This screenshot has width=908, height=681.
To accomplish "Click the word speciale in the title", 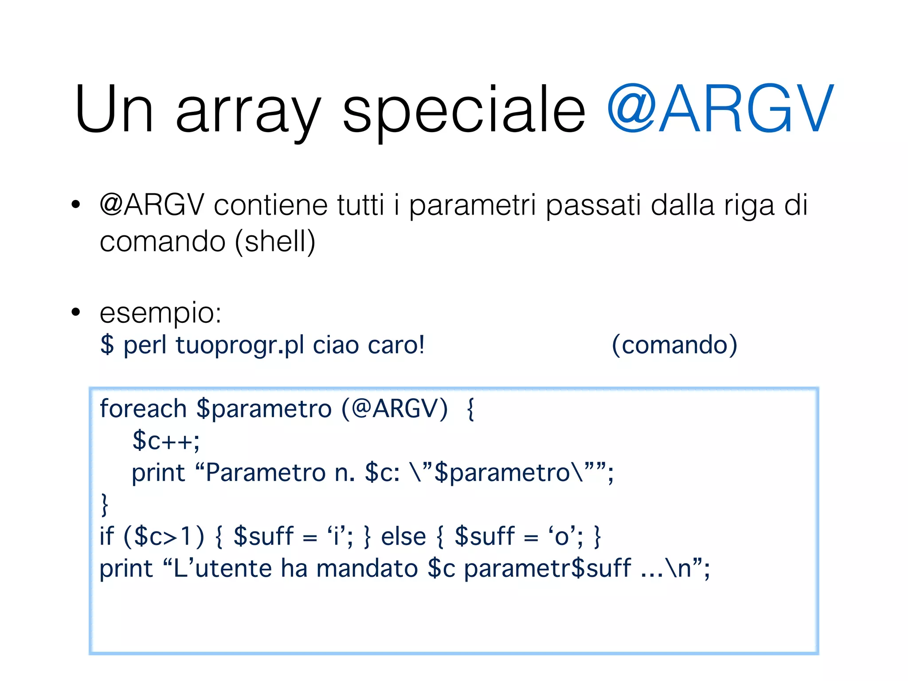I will pos(464,110).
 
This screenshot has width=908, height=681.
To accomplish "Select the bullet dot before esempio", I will pos(76,312).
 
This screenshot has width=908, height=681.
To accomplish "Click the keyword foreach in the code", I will pos(143,408).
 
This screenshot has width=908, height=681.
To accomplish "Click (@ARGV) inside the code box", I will pos(395,408).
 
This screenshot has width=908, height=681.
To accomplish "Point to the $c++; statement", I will pos(166,441).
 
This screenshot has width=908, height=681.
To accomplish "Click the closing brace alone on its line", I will pos(105,505).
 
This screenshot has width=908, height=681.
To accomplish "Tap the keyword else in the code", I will pos(403,536).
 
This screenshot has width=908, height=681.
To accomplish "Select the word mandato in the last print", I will pos(367,568).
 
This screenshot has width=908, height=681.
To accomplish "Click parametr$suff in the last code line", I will pos(548,568).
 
